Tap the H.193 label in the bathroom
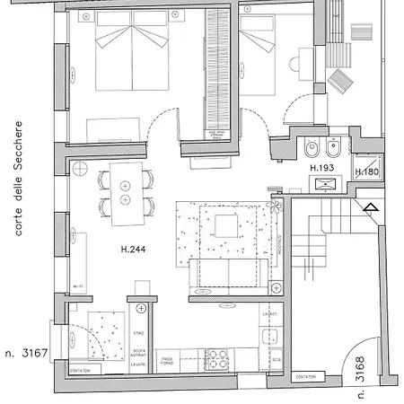pyautogui.click(x=321, y=168)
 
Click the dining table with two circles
pyautogui.click(x=125, y=195)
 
